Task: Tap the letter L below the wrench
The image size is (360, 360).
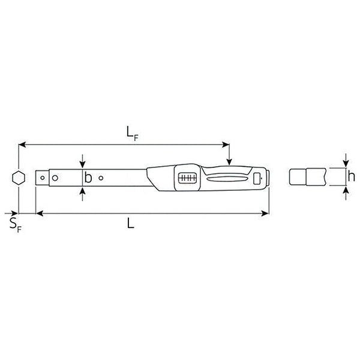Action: [x=131, y=224]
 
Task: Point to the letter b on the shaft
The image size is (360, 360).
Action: [x=88, y=178]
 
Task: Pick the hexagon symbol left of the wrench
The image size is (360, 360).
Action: [x=18, y=178]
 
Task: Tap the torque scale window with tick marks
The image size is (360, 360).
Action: [x=187, y=178]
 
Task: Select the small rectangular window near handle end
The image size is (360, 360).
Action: [x=257, y=178]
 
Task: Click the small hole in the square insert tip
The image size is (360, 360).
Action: [x=43, y=178]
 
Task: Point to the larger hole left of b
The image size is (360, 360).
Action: [x=55, y=178]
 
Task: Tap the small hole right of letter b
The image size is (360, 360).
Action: [x=101, y=178]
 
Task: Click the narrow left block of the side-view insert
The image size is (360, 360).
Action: [x=295, y=178]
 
